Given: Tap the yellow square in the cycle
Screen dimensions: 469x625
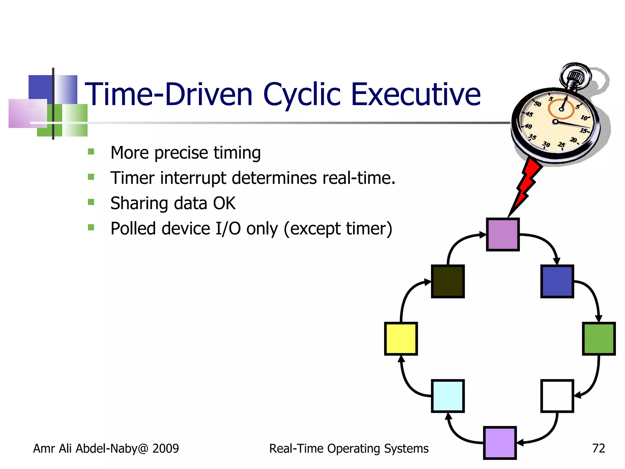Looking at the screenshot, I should (401, 338).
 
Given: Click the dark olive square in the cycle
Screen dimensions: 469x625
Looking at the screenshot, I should (448, 281).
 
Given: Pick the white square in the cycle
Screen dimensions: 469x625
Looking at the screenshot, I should (557, 396).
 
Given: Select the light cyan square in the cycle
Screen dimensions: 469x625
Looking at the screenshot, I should (448, 396).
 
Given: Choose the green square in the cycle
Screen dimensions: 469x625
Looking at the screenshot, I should (598, 338).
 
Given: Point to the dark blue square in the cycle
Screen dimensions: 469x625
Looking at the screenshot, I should (557, 281).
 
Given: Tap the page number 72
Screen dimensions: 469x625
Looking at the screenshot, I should (598, 448).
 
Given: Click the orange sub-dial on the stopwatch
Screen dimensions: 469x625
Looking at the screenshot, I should (561, 109).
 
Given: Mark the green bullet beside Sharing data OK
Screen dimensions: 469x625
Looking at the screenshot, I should (91, 202).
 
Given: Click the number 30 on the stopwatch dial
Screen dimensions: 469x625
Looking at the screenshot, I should (546, 144).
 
